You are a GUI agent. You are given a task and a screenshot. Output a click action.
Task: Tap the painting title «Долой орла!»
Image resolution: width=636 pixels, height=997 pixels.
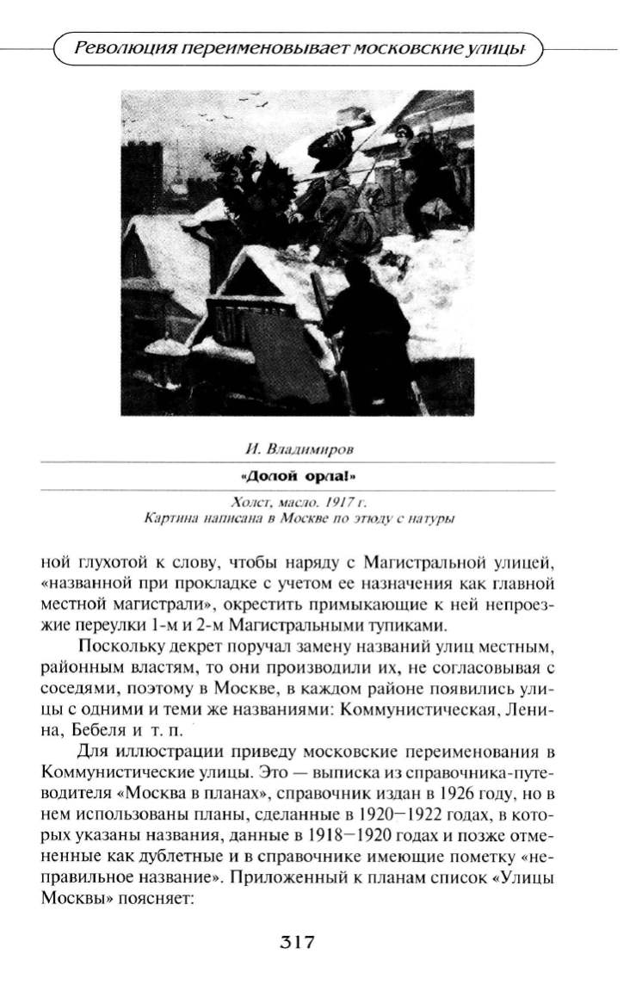click(x=295, y=475)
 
